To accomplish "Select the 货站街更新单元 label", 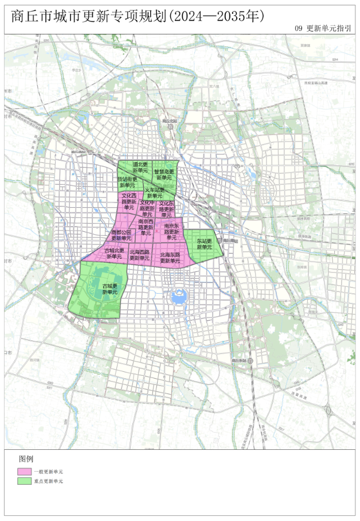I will coord(127,182).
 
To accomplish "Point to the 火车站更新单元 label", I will coord(154,193).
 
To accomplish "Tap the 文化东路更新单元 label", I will coord(166,209).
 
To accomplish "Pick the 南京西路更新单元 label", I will coord(146,227).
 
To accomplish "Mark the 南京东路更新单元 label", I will coord(172,231).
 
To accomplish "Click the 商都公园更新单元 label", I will coord(122,235).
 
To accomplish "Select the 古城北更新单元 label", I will coord(114,253).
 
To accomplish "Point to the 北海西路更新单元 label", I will coord(139,255).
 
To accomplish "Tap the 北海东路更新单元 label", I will coord(170,258).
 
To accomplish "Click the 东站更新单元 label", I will coord(204,244).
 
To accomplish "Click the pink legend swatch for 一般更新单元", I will coord(25,471).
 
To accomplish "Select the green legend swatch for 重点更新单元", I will coord(25,481).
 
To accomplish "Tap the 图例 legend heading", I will coord(26,459).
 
